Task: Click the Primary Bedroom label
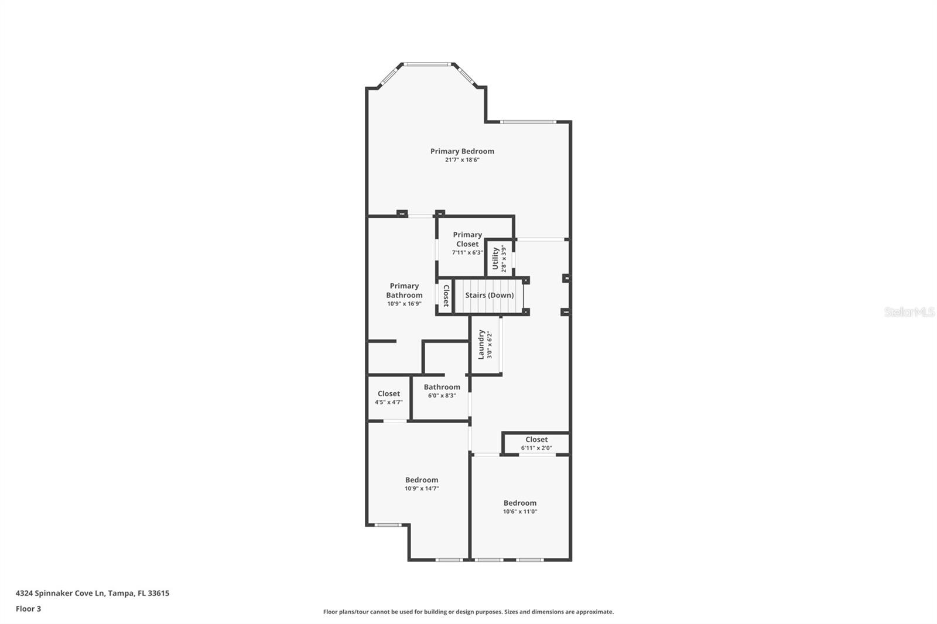462,151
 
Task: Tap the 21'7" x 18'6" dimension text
462,160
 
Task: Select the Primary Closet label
467,239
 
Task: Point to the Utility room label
495,259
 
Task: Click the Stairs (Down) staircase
489,295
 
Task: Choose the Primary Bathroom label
404,290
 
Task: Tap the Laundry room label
481,345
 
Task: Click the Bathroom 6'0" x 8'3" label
442,387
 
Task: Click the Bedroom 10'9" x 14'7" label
422,480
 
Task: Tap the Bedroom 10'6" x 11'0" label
520,503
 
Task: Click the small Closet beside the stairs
446,296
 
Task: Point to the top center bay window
428,64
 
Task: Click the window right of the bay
528,122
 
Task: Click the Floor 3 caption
28,609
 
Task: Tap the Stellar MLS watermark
909,312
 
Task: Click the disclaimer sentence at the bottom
468,612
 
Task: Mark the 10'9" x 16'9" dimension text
404,304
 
